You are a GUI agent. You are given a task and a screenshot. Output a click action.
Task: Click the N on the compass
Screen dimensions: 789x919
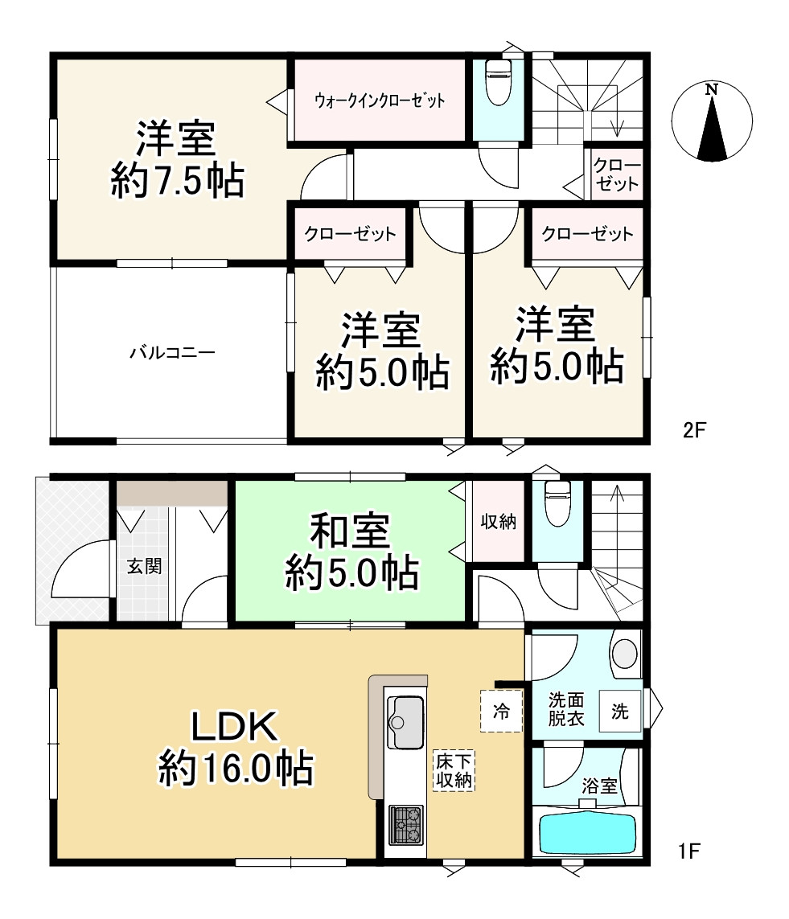(712, 90)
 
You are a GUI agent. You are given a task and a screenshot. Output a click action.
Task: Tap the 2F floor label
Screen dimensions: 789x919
(695, 430)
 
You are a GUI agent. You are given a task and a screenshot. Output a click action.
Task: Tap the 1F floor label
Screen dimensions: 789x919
(689, 851)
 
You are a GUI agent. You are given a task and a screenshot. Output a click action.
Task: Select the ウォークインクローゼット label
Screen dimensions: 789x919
(380, 101)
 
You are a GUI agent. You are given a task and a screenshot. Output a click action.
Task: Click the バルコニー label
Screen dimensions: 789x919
(172, 353)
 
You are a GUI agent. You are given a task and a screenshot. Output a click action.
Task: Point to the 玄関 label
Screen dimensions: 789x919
(144, 566)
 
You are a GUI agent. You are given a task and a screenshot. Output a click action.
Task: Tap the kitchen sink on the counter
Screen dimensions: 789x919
(405, 721)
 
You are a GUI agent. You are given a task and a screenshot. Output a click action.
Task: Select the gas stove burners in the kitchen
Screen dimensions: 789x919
(406, 825)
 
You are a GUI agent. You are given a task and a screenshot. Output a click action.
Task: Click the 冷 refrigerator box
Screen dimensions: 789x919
(501, 712)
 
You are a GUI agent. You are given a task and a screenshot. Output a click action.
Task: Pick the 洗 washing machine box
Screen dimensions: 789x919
(619, 712)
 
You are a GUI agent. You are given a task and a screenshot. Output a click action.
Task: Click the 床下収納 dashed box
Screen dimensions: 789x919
(454, 771)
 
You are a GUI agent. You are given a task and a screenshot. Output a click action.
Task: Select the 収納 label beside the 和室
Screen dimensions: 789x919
(499, 522)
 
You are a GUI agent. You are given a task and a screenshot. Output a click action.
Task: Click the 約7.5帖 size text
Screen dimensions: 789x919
(177, 181)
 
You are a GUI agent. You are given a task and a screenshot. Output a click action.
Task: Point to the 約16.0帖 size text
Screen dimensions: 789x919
(236, 768)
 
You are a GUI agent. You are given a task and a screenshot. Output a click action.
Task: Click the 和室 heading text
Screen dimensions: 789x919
(350, 531)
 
